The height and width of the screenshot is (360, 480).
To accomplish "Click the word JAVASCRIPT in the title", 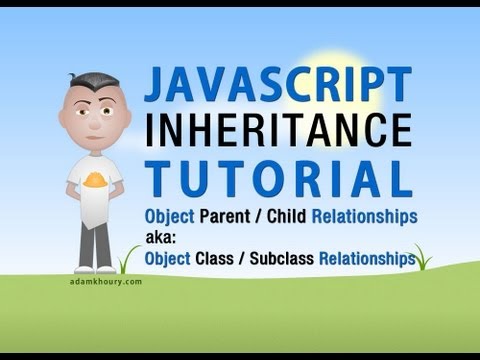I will (x=278, y=85).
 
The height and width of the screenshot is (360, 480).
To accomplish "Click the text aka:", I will (x=162, y=237).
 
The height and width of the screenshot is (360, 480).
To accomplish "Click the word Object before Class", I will (x=171, y=259).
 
